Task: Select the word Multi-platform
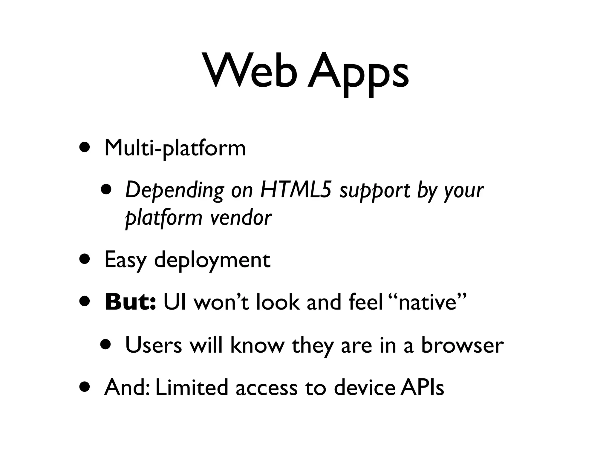click(175, 149)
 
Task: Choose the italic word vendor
click(241, 218)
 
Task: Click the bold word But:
click(130, 302)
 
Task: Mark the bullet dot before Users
click(106, 344)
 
